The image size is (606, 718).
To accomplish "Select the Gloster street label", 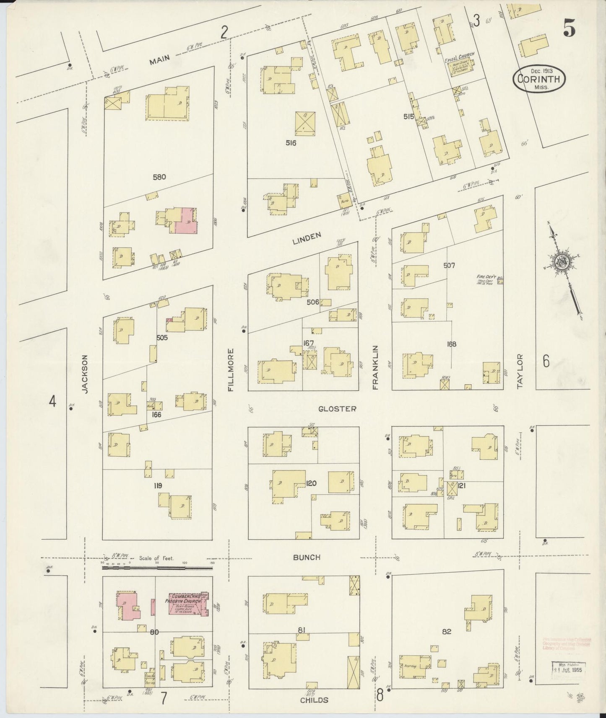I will [x=337, y=409].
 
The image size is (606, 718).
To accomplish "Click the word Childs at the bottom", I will [x=314, y=700].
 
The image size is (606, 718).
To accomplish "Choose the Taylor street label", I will [x=520, y=371].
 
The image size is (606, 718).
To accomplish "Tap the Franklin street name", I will [x=375, y=367].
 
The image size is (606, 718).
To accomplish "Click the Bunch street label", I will [x=307, y=557].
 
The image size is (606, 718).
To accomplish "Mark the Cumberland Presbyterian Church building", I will [x=188, y=604].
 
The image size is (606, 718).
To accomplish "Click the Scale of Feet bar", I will [x=157, y=568].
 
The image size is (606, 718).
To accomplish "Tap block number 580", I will [x=159, y=177].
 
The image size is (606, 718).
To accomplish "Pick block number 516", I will [x=291, y=143].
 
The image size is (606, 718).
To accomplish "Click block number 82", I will [x=446, y=631].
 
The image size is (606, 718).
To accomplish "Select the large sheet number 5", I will [x=569, y=28].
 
